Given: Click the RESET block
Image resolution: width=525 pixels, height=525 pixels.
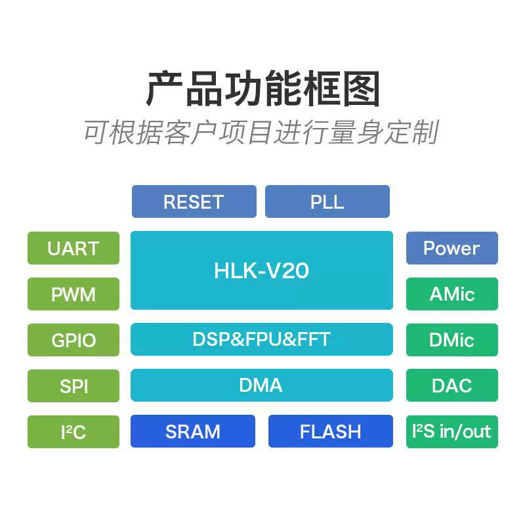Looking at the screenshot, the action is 194,201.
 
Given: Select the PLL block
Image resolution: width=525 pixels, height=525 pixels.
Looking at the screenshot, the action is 327,201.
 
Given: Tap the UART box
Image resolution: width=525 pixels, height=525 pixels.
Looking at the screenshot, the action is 73,248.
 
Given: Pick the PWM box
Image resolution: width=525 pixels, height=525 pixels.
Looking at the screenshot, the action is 73,294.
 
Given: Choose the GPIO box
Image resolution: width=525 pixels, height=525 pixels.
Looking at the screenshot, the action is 73,340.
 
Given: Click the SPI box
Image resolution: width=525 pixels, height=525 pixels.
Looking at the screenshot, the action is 73,386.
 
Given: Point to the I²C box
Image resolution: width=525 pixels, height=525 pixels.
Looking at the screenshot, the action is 73,432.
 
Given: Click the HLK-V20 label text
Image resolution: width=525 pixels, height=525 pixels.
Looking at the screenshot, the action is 261,270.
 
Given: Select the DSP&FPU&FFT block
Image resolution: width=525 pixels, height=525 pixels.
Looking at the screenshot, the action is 262,339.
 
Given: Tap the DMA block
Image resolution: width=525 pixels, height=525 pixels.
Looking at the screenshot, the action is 262,385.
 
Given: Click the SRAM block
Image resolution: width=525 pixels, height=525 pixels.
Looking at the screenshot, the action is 193,431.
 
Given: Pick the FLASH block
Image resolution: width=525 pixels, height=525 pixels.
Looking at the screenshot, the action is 331,431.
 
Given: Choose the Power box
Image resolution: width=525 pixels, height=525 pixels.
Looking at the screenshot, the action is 452,248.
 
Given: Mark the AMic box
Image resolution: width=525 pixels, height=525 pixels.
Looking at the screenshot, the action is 452,294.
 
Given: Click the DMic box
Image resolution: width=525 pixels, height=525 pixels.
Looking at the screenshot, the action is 452,340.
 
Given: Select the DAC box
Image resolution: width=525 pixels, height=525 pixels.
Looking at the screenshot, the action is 452,385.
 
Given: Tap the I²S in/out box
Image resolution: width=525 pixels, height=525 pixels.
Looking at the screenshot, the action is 452,432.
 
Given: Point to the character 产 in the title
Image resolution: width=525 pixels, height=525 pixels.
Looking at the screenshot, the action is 164,89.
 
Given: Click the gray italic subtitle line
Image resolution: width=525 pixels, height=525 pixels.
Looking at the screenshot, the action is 261,133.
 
